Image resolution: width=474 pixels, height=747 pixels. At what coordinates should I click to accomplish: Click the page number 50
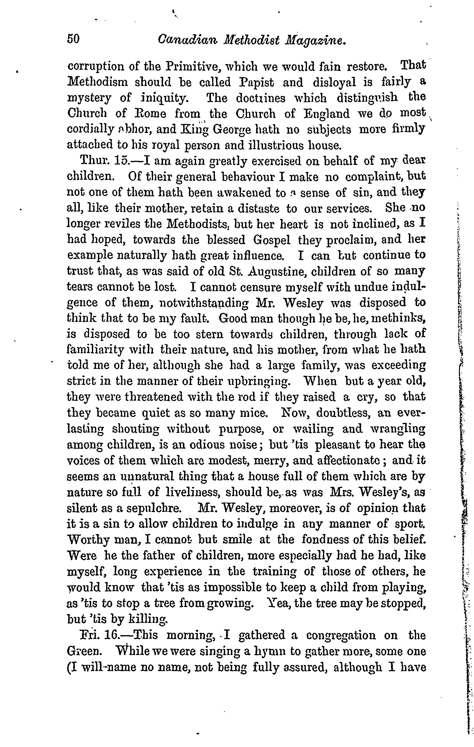click(x=73, y=39)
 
